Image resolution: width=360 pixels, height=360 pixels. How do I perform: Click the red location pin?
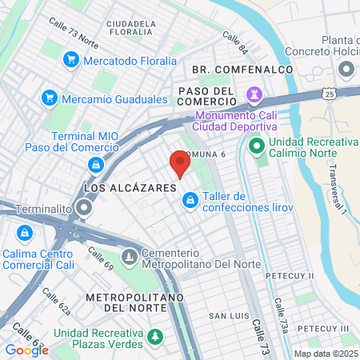(180, 164)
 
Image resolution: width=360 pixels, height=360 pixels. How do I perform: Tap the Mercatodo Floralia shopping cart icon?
(71, 60)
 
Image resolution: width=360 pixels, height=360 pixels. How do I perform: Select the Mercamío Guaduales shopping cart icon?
(49, 99)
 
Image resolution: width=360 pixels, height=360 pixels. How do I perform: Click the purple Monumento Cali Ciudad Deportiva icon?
(255, 94)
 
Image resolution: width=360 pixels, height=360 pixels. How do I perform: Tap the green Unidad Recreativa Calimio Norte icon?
(257, 146)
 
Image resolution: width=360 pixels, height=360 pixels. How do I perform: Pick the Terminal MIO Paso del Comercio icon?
(96, 165)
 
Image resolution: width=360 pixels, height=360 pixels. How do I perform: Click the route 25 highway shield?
(330, 94)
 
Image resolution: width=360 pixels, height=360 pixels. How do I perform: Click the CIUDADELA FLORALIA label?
(130, 29)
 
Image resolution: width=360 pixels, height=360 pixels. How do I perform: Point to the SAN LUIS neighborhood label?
(227, 316)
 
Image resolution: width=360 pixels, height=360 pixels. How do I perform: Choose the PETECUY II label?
(290, 275)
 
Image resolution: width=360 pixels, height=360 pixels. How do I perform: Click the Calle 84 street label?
(235, 38)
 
